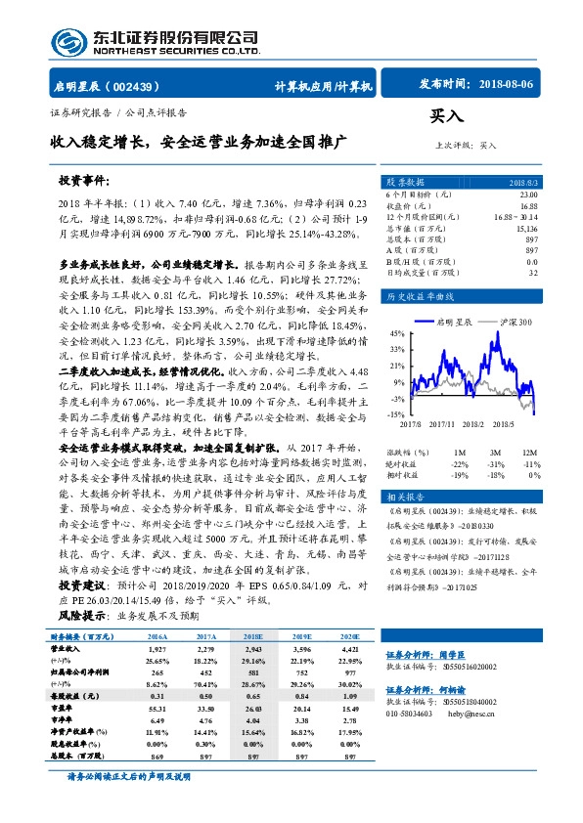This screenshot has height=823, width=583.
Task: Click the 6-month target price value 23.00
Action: [x=527, y=195]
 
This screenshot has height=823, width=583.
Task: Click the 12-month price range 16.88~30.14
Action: [x=516, y=215]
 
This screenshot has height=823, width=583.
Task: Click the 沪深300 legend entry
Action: [x=511, y=321]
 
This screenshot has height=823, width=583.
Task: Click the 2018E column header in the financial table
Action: [x=254, y=637]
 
